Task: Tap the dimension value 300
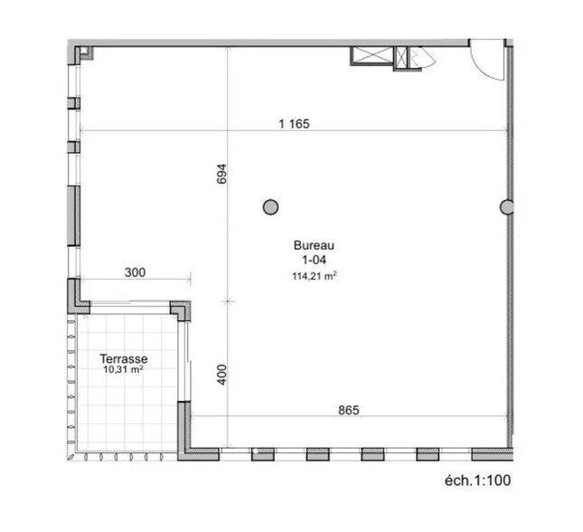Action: tap(134, 271)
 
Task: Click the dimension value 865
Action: tap(349, 410)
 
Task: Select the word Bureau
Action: tap(315, 245)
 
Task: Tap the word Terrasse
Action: tap(124, 359)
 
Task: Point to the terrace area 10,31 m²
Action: tap(124, 370)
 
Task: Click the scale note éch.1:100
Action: tap(477, 480)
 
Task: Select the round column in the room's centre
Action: tap(270, 207)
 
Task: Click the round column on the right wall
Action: tap(507, 207)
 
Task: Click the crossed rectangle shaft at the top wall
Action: tap(371, 55)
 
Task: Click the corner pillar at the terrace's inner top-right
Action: tap(183, 310)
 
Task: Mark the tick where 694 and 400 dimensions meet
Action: tap(228, 301)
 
